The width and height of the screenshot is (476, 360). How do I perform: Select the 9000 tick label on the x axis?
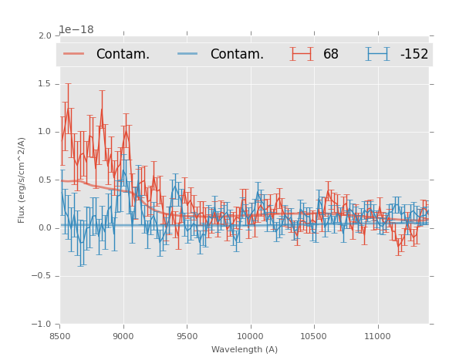pos(123,336)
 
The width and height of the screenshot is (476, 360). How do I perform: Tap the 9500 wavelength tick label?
pos(187,336)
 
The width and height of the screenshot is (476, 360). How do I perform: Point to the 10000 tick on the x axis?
pos(250,336)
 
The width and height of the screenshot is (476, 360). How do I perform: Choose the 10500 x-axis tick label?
pos(313,336)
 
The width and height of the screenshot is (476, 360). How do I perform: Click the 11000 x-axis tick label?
pos(377,336)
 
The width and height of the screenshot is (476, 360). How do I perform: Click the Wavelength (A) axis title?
pos(245,350)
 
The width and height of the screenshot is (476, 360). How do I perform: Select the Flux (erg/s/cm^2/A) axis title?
pos(22,180)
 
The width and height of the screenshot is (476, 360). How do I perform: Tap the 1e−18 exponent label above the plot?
pos(76,30)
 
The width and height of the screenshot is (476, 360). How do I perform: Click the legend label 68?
pos(331,55)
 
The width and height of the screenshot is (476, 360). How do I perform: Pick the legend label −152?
pos(414,55)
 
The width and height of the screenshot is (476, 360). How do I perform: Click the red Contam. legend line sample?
pos(74,54)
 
